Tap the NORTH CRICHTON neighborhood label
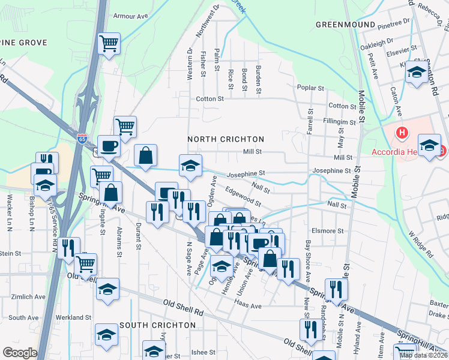pos(226,139)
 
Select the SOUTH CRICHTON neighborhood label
pos(157,325)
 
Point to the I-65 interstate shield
pos(82,139)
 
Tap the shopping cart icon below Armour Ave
pos(109,43)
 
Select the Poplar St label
pos(311,88)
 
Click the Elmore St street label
pos(328,230)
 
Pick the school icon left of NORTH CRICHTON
pos(191,165)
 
